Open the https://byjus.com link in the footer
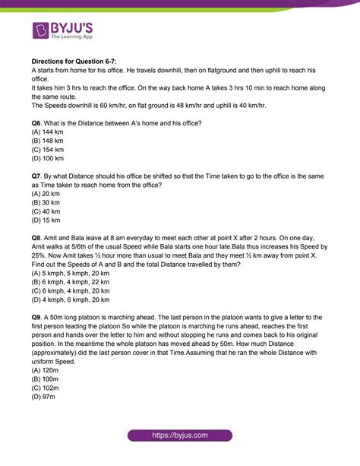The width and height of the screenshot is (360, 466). (180, 434)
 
